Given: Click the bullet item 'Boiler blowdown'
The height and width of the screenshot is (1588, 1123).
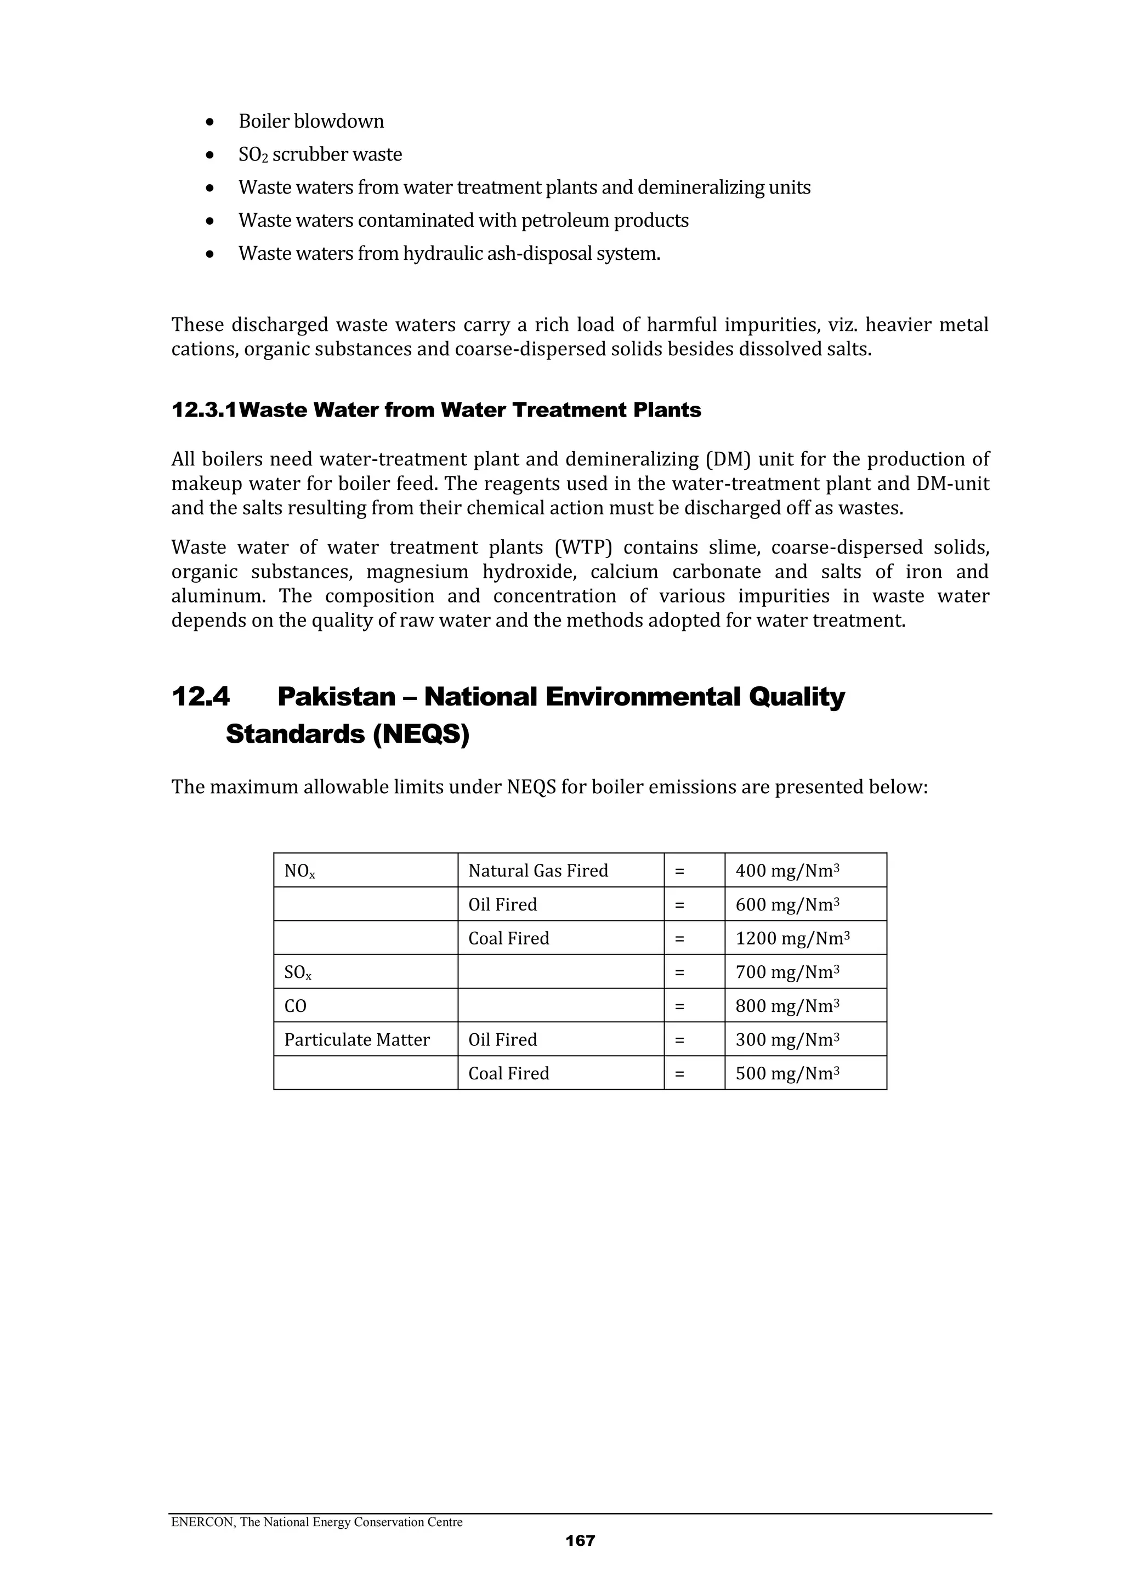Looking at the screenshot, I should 311,122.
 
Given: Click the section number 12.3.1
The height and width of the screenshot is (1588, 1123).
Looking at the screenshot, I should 203,410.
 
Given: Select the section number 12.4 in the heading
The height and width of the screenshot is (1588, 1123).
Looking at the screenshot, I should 200,697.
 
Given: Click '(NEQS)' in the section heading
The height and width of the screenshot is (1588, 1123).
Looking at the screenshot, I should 421,735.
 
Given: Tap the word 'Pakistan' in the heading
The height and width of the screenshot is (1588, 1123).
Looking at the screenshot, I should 336,697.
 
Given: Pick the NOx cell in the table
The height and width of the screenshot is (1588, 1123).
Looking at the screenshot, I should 299,872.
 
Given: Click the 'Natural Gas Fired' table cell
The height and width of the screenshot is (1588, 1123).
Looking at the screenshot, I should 537,871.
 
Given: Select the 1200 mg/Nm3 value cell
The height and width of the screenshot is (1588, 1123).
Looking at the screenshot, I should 792,938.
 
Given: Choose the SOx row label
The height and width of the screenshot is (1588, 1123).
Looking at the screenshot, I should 298,973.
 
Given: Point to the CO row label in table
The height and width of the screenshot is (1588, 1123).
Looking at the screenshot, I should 296,1006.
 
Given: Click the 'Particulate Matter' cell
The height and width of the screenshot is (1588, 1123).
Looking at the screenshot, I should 357,1040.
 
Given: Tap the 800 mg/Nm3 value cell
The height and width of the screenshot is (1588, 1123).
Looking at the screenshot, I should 787,1006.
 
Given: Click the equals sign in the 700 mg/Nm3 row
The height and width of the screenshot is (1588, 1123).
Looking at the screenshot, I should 679,973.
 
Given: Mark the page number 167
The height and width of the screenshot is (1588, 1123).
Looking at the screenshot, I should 580,1540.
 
